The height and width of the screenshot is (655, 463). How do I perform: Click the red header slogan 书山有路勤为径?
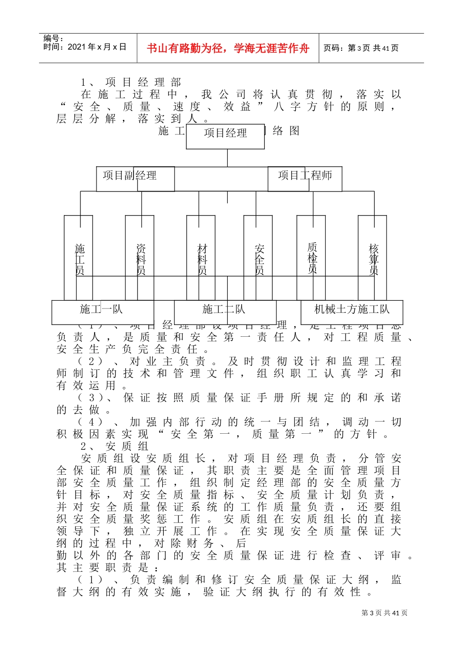(x=228, y=48)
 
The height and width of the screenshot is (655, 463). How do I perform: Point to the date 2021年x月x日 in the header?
(x=85, y=47)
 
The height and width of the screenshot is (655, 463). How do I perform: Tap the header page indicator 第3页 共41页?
(x=361, y=48)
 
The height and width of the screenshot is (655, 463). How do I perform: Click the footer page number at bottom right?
(x=384, y=613)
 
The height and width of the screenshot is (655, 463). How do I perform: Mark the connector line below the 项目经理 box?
(x=227, y=158)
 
